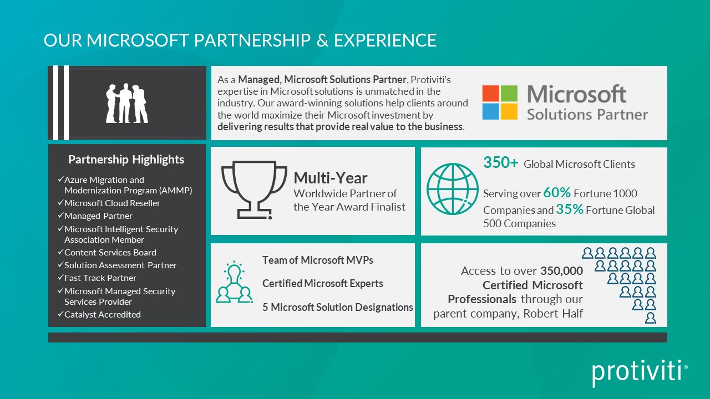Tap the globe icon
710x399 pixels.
pos(452,189)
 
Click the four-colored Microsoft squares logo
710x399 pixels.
pos(500,103)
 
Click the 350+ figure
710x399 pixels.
pos(500,162)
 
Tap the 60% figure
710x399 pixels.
pos(557,192)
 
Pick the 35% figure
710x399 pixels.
pos(570,209)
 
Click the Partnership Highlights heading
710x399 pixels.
pos(126,159)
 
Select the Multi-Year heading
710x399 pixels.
pos(330,178)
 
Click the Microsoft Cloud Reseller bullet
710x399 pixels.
pos(109,203)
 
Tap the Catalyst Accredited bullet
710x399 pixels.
pos(99,314)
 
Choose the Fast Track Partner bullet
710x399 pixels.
pos(97,278)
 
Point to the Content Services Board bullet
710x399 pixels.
pos(107,252)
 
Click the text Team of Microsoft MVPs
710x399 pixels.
pos(318,260)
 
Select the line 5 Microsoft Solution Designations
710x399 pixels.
pos(338,307)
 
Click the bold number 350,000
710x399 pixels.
pos(562,271)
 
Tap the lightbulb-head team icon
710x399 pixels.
pos(234,282)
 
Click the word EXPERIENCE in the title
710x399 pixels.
pos(385,40)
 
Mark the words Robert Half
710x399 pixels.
pos(553,313)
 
